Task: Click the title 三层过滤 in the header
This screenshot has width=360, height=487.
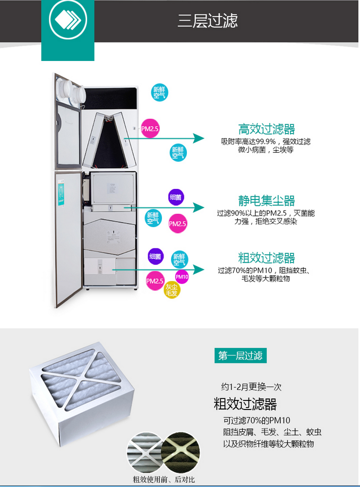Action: coord(208,21)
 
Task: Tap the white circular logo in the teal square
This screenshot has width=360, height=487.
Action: coord(67,21)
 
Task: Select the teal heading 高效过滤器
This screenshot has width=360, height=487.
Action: coord(267,129)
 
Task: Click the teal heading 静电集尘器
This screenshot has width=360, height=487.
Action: coord(267,201)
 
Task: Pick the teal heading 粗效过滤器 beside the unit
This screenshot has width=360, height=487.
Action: coord(267,258)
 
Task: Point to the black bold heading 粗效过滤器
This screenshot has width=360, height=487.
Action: coord(245,404)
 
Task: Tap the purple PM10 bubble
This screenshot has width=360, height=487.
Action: coord(182,276)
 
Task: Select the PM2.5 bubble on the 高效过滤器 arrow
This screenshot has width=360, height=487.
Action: coord(150,128)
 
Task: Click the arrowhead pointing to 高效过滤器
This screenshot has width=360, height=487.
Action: coord(199,138)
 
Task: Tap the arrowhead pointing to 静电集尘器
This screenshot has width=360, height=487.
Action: coord(199,208)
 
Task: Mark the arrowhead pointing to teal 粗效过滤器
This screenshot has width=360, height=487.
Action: coord(199,269)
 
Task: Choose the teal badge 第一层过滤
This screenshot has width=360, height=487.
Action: coord(241,355)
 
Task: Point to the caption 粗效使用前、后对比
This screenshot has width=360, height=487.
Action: coord(164,480)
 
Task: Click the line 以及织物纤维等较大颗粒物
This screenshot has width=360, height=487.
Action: coord(269,443)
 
